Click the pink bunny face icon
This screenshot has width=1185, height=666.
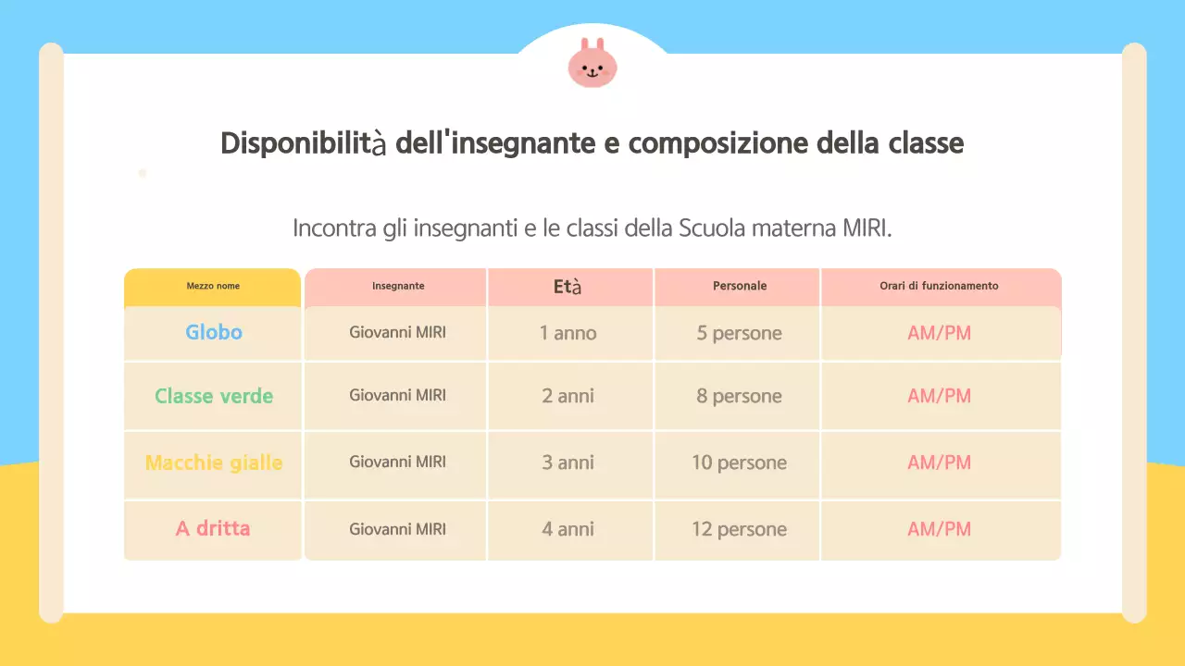point(592,64)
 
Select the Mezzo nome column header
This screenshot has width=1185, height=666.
point(213,287)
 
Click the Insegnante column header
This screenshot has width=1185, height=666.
point(398,287)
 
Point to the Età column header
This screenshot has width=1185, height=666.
point(568,287)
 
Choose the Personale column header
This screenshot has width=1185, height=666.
point(740,287)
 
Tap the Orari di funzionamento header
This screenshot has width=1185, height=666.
point(939,287)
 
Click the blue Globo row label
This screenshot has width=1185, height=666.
point(214,332)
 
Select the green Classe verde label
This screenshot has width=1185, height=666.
point(214,396)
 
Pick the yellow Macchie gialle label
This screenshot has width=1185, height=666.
point(214,462)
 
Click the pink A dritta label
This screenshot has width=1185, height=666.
point(213,529)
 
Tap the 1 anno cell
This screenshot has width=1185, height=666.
point(568,333)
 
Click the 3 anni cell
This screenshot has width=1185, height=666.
point(568,462)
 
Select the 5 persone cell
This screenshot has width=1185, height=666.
point(739,333)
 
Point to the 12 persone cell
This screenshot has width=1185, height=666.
point(739,529)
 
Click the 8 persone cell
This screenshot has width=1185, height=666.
point(739,396)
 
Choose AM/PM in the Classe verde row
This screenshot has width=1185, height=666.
point(939,396)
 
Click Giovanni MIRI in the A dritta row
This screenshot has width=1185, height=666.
point(397,529)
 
